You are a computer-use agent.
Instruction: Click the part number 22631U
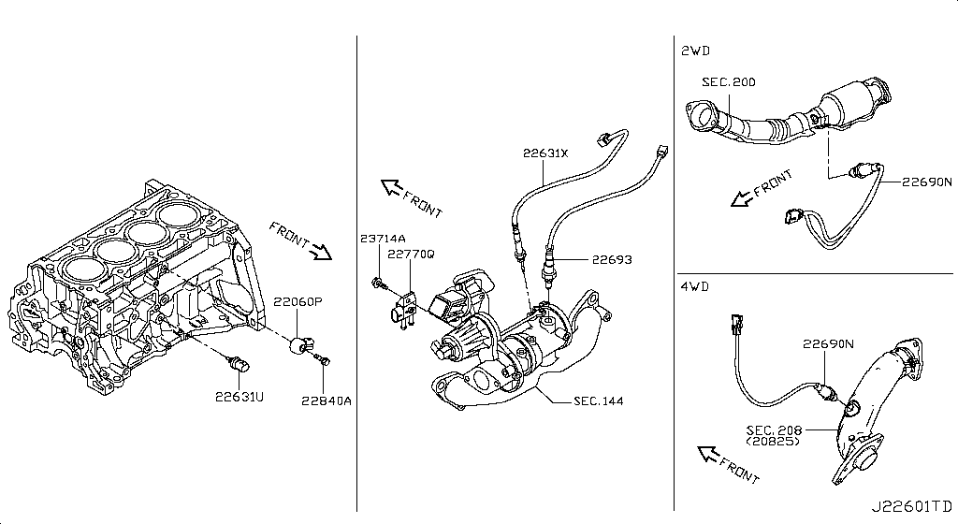tap(239, 397)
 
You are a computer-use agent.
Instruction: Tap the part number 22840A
tap(327, 400)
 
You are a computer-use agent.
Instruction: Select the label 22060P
tap(297, 301)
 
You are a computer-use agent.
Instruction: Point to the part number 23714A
tap(383, 239)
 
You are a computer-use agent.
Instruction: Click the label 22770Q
tap(412, 254)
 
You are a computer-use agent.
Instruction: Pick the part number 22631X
tap(545, 153)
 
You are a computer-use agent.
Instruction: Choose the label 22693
tap(612, 259)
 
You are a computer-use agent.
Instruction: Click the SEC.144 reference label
tap(598, 401)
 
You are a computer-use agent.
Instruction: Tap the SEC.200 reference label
tap(728, 81)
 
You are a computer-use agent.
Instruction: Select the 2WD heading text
tap(695, 51)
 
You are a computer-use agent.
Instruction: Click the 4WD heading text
tap(695, 286)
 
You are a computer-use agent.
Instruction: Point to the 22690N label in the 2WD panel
tap(927, 182)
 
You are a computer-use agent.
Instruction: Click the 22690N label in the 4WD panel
tap(828, 343)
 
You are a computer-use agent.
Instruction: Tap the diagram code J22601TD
tap(911, 506)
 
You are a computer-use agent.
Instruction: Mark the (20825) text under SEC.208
tap(772, 441)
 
